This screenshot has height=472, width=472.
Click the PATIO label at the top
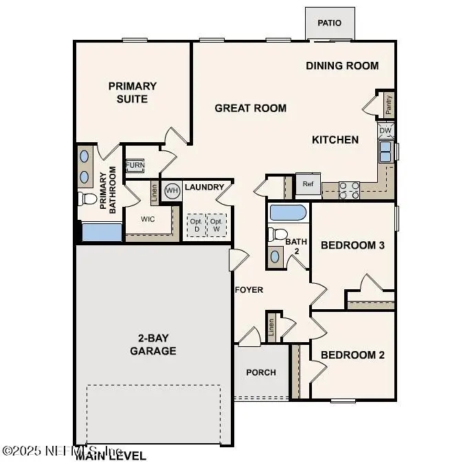click(x=329, y=23)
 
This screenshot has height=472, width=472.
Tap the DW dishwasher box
click(x=385, y=130)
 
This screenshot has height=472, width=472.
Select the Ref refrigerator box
click(x=307, y=183)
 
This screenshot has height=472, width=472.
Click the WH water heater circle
click(x=172, y=190)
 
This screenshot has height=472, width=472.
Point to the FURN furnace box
click(x=135, y=166)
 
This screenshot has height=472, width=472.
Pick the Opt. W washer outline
click(x=216, y=225)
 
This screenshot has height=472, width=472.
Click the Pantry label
click(x=389, y=104)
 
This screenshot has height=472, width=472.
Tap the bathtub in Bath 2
click(x=289, y=212)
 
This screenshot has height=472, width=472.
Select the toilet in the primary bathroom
click(x=87, y=199)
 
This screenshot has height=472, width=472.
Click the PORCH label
click(x=261, y=372)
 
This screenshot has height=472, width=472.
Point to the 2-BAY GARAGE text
click(x=153, y=345)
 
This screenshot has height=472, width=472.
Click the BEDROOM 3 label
click(x=352, y=245)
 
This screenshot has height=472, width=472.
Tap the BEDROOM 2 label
click(x=352, y=355)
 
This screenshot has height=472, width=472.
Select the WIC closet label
click(x=148, y=219)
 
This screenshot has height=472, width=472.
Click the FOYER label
click(x=249, y=290)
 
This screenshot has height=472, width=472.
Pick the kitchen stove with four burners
click(x=350, y=190)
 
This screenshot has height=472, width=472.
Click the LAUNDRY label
click(x=204, y=187)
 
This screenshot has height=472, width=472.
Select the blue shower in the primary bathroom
click(x=101, y=232)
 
